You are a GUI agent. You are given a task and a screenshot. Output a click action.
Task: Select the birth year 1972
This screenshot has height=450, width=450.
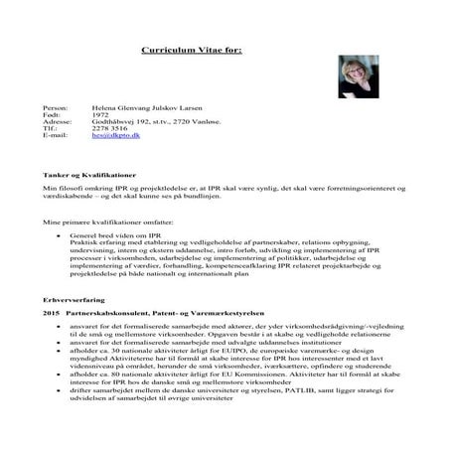click(98, 113)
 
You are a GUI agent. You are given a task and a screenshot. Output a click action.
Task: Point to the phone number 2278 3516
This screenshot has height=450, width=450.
click(109, 129)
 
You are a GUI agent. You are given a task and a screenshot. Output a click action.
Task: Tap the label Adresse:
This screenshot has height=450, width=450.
click(59, 121)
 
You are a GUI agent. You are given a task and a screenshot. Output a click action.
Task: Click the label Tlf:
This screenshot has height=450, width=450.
click(51, 129)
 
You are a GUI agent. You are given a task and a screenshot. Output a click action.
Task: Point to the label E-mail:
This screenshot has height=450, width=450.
click(56, 137)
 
